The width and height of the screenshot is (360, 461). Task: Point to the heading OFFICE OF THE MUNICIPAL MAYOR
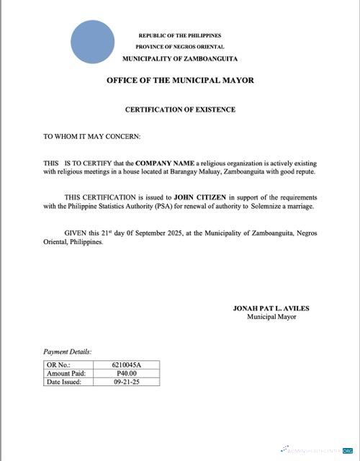[180, 80]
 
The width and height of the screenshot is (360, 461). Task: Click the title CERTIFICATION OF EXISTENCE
[180, 109]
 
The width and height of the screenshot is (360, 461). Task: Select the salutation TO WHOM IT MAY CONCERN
[91, 135]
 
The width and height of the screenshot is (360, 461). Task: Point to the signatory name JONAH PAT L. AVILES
[271, 308]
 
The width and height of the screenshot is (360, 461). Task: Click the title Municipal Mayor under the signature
[271, 317]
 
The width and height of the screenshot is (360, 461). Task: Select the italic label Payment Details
[68, 352]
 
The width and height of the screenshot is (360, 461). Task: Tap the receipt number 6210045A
[127, 366]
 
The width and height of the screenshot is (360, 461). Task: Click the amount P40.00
[127, 374]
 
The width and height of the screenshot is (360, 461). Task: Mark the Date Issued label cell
[64, 382]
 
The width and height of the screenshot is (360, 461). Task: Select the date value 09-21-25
[127, 382]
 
